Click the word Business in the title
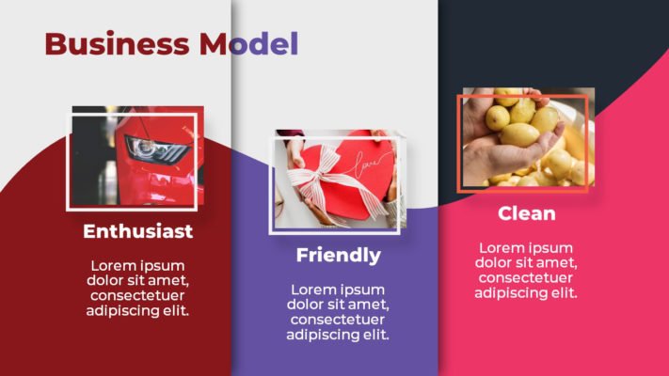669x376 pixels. pos(117,43)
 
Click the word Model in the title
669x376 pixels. pos(248,43)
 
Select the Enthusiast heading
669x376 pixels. pos(137,231)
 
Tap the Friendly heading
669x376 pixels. pos(339,256)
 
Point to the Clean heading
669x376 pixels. pos(527,213)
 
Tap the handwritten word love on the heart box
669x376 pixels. pos(367,165)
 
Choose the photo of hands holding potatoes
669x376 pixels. pos(529,137)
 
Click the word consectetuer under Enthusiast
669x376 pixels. pos(137,295)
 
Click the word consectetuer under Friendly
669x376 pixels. pos(338,320)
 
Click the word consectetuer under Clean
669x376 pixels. pos(526,277)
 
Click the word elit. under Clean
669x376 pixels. pos(563,292)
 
